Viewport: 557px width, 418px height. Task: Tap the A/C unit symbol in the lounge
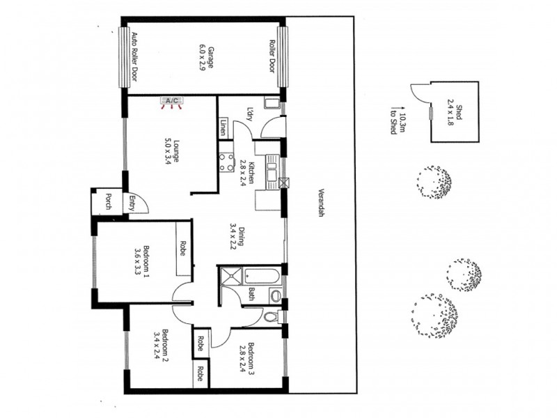pos(171,102)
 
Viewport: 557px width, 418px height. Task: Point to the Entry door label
pos(131,203)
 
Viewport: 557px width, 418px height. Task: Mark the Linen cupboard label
pos(223,127)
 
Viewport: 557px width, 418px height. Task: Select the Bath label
pos(251,294)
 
